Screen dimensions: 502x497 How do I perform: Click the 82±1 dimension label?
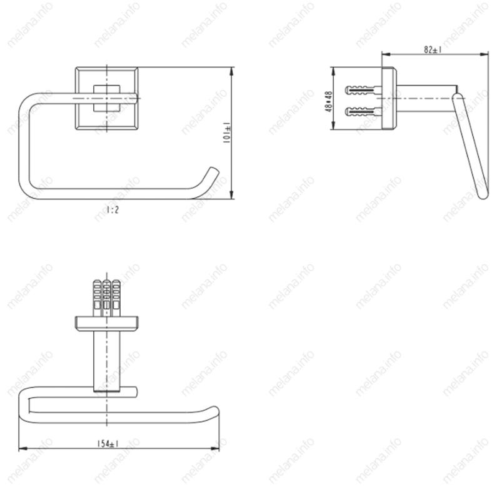point(433,49)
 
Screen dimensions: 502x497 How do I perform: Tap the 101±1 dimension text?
point(227,133)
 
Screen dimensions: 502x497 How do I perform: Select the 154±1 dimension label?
point(108,443)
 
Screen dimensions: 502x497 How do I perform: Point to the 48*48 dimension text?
point(328,101)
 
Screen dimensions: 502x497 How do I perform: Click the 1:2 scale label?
point(113,210)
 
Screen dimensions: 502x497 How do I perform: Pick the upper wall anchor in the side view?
point(363,90)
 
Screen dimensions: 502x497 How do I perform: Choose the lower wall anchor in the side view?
point(363,112)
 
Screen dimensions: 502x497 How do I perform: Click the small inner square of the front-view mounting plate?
point(107,98)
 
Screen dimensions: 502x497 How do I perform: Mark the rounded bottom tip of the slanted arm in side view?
point(483,194)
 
